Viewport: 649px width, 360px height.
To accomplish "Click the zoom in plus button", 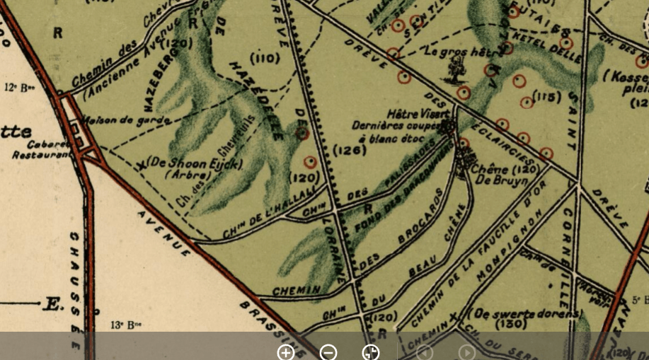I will click(x=286, y=352).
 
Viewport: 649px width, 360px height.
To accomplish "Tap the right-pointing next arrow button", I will click(x=466, y=352).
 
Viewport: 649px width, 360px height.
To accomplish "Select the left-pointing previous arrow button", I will click(x=424, y=352).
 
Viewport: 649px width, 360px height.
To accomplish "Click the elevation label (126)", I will click(x=349, y=151).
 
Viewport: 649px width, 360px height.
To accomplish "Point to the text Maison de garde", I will click(x=125, y=120).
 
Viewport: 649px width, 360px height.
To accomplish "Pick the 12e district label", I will click(x=20, y=88).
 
